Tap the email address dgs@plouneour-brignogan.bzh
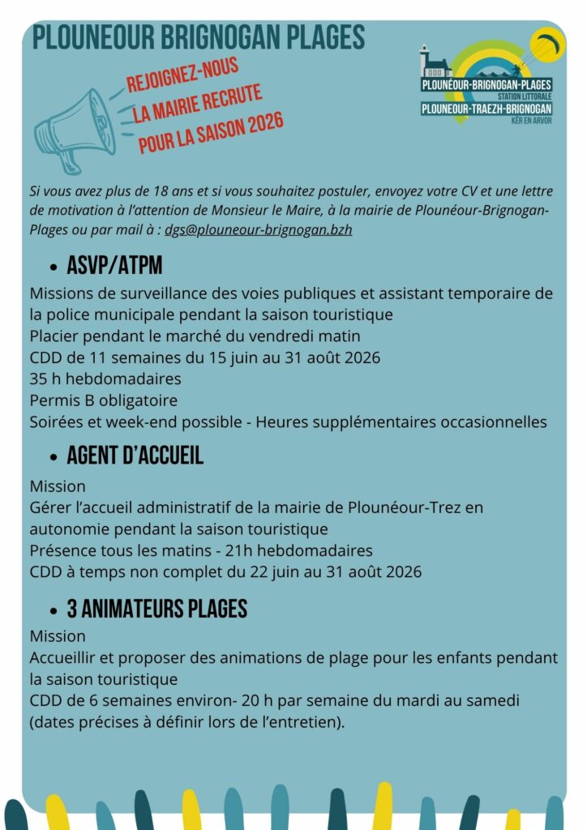pyautogui.click(x=259, y=229)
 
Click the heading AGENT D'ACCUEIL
pyautogui.click(x=135, y=456)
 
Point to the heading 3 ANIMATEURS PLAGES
pyautogui.click(x=156, y=609)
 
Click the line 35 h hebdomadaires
pyautogui.click(x=105, y=379)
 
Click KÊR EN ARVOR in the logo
pyautogui.click(x=531, y=121)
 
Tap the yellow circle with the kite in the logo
pyautogui.click(x=547, y=45)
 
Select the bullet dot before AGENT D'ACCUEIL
pyautogui.click(x=54, y=457)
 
